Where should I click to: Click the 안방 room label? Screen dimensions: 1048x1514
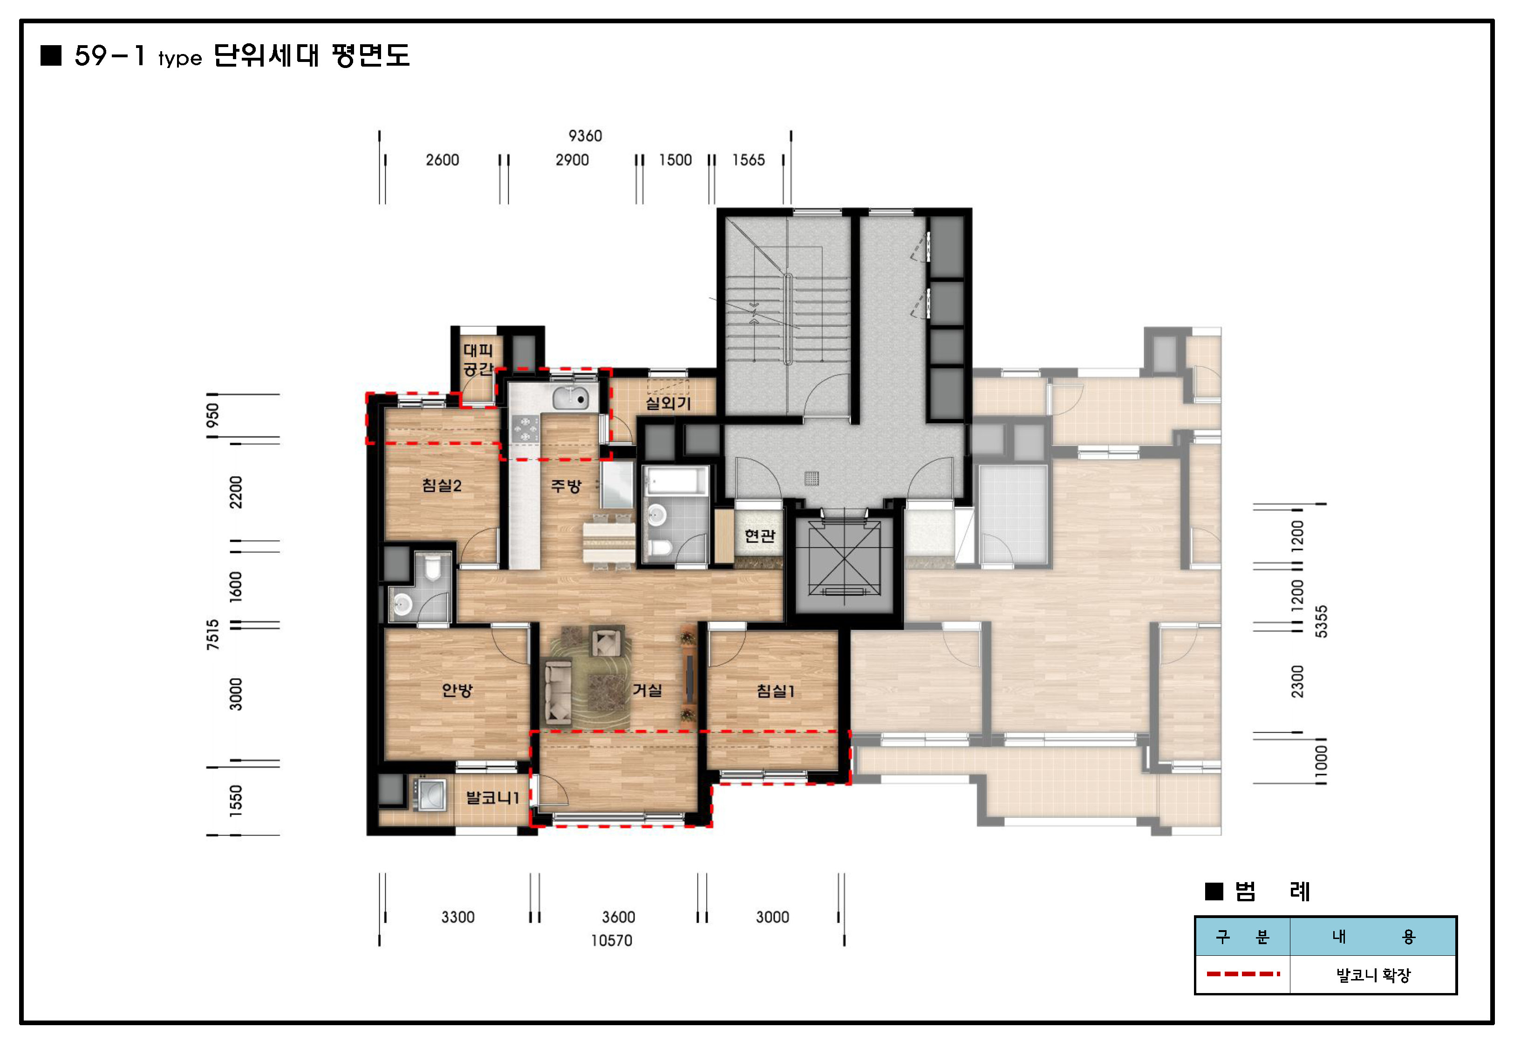(457, 690)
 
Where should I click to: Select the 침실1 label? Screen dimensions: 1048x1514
(775, 691)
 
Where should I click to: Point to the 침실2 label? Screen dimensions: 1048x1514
(442, 485)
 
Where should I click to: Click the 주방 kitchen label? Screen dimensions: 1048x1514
(566, 486)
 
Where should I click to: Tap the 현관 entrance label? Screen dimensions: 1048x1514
(760, 536)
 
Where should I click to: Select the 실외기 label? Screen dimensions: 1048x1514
(668, 402)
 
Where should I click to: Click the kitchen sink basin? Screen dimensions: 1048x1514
(569, 398)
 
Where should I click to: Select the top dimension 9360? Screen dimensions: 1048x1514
(585, 136)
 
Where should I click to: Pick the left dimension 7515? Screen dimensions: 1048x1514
(213, 634)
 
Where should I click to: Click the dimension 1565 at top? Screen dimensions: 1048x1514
(749, 160)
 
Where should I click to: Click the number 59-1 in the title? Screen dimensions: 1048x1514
(109, 56)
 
